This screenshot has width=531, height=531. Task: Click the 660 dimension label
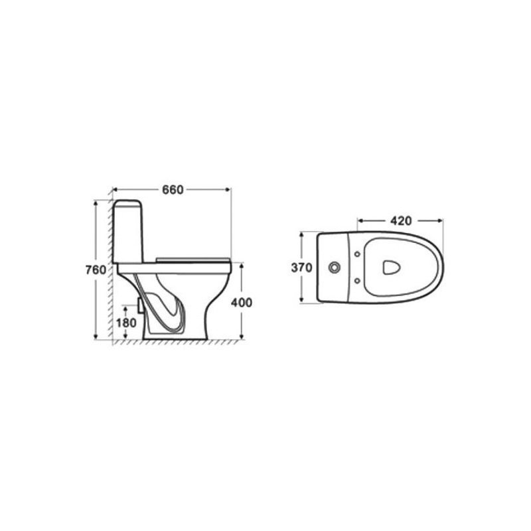(173, 190)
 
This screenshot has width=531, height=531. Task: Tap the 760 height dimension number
(96, 270)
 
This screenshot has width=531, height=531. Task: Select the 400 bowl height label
(242, 303)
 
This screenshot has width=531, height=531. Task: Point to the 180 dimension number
(126, 323)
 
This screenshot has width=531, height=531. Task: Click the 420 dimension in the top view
(401, 221)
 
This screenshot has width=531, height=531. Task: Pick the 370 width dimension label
(302, 267)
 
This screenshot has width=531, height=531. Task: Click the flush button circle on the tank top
(334, 267)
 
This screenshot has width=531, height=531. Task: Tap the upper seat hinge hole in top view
(357, 254)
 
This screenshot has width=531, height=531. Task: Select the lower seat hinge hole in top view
(357, 281)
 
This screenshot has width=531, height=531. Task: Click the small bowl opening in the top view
(392, 267)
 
